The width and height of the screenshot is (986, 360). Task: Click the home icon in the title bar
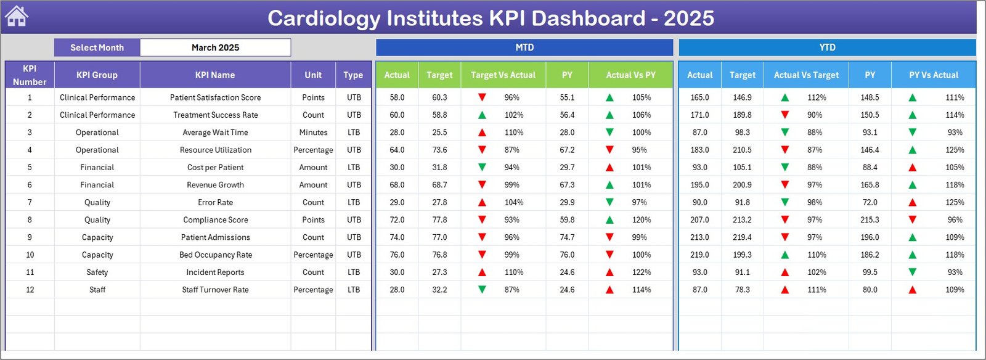[17, 17]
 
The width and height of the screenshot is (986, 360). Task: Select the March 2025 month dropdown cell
[215, 47]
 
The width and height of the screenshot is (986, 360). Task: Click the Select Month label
[97, 47]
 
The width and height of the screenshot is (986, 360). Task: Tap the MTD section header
[524, 47]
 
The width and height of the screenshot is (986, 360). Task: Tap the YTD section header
[827, 47]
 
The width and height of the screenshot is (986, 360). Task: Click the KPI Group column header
[97, 75]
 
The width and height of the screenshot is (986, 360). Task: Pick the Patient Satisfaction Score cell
[215, 97]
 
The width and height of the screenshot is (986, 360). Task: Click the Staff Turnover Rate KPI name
[215, 290]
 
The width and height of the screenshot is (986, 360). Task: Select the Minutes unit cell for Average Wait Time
[313, 133]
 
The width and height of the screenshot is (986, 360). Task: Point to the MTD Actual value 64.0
[397, 150]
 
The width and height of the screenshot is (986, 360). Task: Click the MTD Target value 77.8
[439, 219]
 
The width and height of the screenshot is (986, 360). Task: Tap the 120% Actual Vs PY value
[642, 219]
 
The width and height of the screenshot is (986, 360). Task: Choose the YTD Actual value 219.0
[699, 255]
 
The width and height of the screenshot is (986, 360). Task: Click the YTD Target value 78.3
[742, 290]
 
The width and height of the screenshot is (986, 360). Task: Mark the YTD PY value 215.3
[870, 219]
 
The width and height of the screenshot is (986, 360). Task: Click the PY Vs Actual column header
[934, 75]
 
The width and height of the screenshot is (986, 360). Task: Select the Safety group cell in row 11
[97, 272]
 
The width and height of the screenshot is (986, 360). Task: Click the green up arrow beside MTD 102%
[482, 115]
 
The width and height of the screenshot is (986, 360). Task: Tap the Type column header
[353, 75]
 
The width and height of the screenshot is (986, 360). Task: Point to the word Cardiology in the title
[323, 18]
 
